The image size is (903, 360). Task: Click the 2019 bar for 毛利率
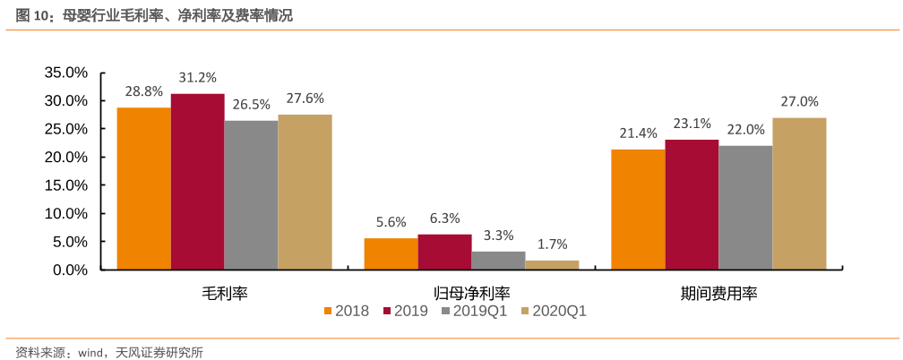[197, 182]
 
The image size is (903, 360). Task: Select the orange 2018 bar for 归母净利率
[391, 253]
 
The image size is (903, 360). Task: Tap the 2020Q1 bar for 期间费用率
[799, 193]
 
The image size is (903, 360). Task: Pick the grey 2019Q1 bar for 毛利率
[251, 195]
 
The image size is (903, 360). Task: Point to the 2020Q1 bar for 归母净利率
[552, 264]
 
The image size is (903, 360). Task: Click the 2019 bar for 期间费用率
[692, 204]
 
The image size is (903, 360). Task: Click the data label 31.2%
[197, 78]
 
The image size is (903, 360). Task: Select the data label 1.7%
[552, 244]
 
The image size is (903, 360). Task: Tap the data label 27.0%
[799, 102]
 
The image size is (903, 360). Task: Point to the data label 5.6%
[391, 222]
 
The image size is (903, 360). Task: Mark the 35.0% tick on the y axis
[65, 73]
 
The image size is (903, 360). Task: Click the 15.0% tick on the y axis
[65, 185]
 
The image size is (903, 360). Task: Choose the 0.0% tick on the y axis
[70, 270]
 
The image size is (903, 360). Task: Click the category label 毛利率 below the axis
[224, 293]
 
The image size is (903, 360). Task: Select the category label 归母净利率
[471, 293]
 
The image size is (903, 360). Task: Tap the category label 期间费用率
[718, 293]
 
